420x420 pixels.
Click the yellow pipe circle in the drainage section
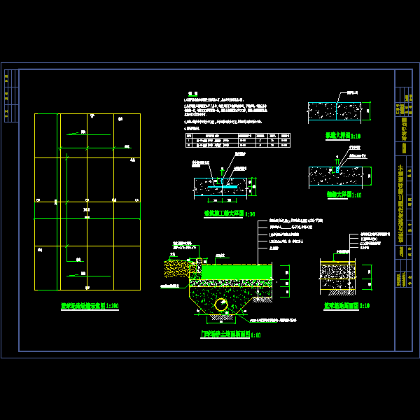coord(221,304)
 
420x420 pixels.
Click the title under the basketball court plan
coord(89,307)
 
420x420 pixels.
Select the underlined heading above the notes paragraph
coord(188,93)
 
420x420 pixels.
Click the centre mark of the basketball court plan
coord(87,209)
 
